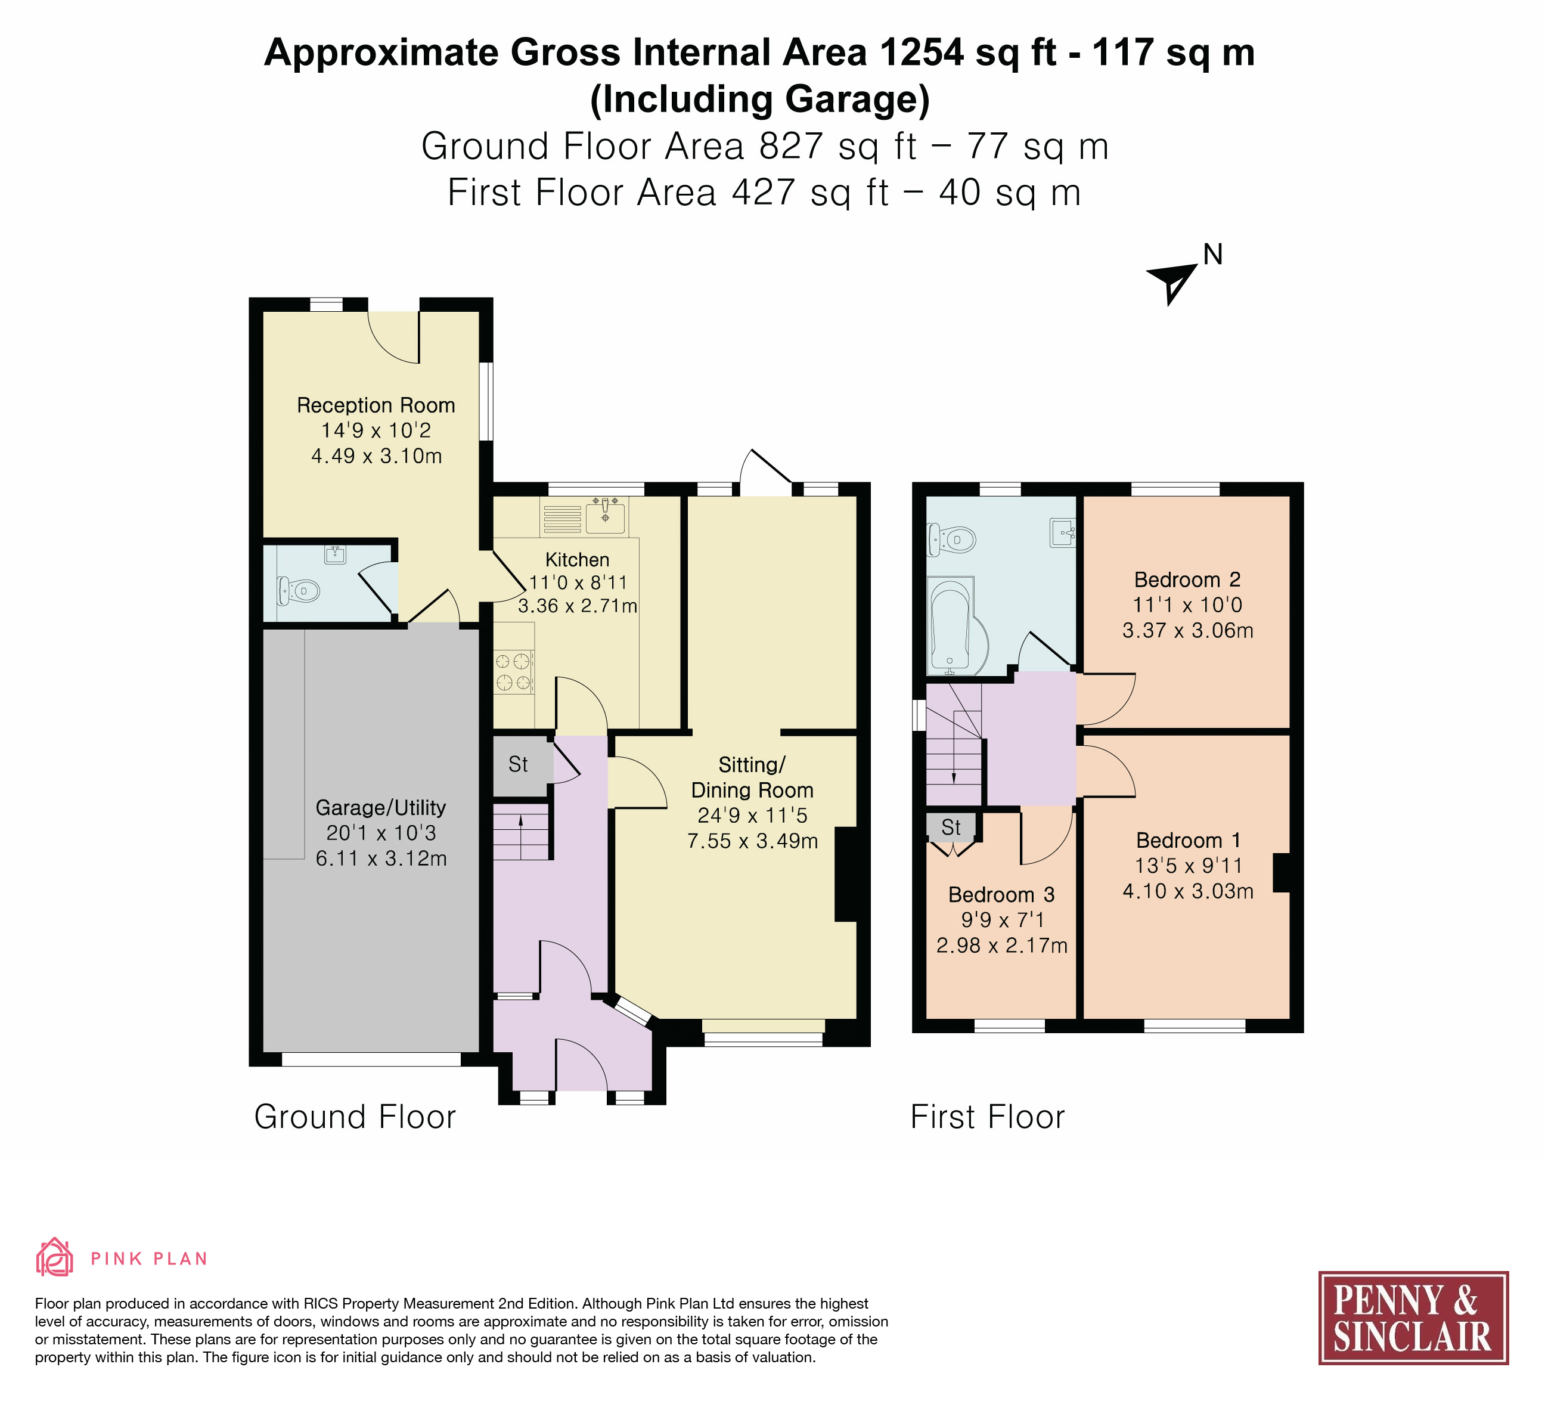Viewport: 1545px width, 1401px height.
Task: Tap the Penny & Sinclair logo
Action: [x=1413, y=1318]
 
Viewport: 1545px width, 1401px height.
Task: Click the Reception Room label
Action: [x=376, y=405]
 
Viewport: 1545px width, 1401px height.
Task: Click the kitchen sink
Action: [x=606, y=514]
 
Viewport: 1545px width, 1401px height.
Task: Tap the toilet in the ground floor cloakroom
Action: [x=298, y=591]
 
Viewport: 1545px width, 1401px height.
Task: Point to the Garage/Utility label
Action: [x=381, y=808]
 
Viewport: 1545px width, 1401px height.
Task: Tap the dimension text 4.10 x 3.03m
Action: [x=1188, y=891]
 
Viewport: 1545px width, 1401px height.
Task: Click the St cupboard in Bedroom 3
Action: [x=951, y=827]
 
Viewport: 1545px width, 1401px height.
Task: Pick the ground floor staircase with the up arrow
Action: [x=521, y=832]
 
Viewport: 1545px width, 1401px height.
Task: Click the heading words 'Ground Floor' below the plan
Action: [x=355, y=1117]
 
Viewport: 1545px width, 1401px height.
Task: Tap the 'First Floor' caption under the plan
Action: [x=988, y=1117]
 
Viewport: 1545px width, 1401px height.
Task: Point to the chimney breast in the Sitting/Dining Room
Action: [x=845, y=874]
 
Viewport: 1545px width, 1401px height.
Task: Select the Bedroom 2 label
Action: [x=1187, y=579]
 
